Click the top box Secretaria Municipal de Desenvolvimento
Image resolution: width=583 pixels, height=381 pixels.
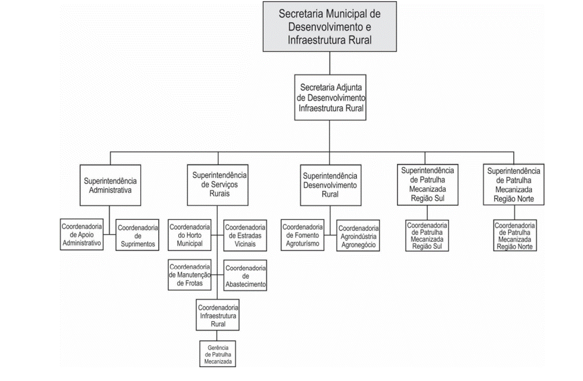330,27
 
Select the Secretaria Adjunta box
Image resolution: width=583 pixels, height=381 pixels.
330,98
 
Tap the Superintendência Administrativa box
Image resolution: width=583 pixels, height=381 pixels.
110,185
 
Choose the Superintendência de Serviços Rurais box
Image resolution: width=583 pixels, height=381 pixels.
218,185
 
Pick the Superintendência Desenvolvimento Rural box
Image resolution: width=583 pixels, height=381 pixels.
331,185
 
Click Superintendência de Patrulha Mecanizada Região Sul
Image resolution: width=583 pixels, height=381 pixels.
428,184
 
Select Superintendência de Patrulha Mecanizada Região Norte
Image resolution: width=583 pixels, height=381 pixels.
514,184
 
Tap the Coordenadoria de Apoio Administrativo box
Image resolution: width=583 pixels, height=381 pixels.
82,234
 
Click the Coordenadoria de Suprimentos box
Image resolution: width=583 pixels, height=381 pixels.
137,236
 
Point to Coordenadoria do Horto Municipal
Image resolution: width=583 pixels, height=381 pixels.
190,236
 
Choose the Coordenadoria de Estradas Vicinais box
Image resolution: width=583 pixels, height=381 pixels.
245,236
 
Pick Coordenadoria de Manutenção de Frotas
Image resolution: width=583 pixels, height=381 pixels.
190,275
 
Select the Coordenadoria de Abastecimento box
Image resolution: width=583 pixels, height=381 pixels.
245,275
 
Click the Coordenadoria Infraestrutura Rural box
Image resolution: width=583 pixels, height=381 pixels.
218,315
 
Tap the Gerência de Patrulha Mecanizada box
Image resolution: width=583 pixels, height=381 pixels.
218,354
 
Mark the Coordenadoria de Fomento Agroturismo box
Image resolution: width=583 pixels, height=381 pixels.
302,235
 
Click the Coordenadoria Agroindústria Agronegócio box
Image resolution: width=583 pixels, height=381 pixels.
358,236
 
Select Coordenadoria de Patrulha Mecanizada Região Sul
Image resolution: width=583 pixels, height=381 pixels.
427,236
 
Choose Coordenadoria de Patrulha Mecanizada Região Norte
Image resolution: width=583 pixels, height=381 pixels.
515,236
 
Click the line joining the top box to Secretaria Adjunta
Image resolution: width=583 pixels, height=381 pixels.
330,63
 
